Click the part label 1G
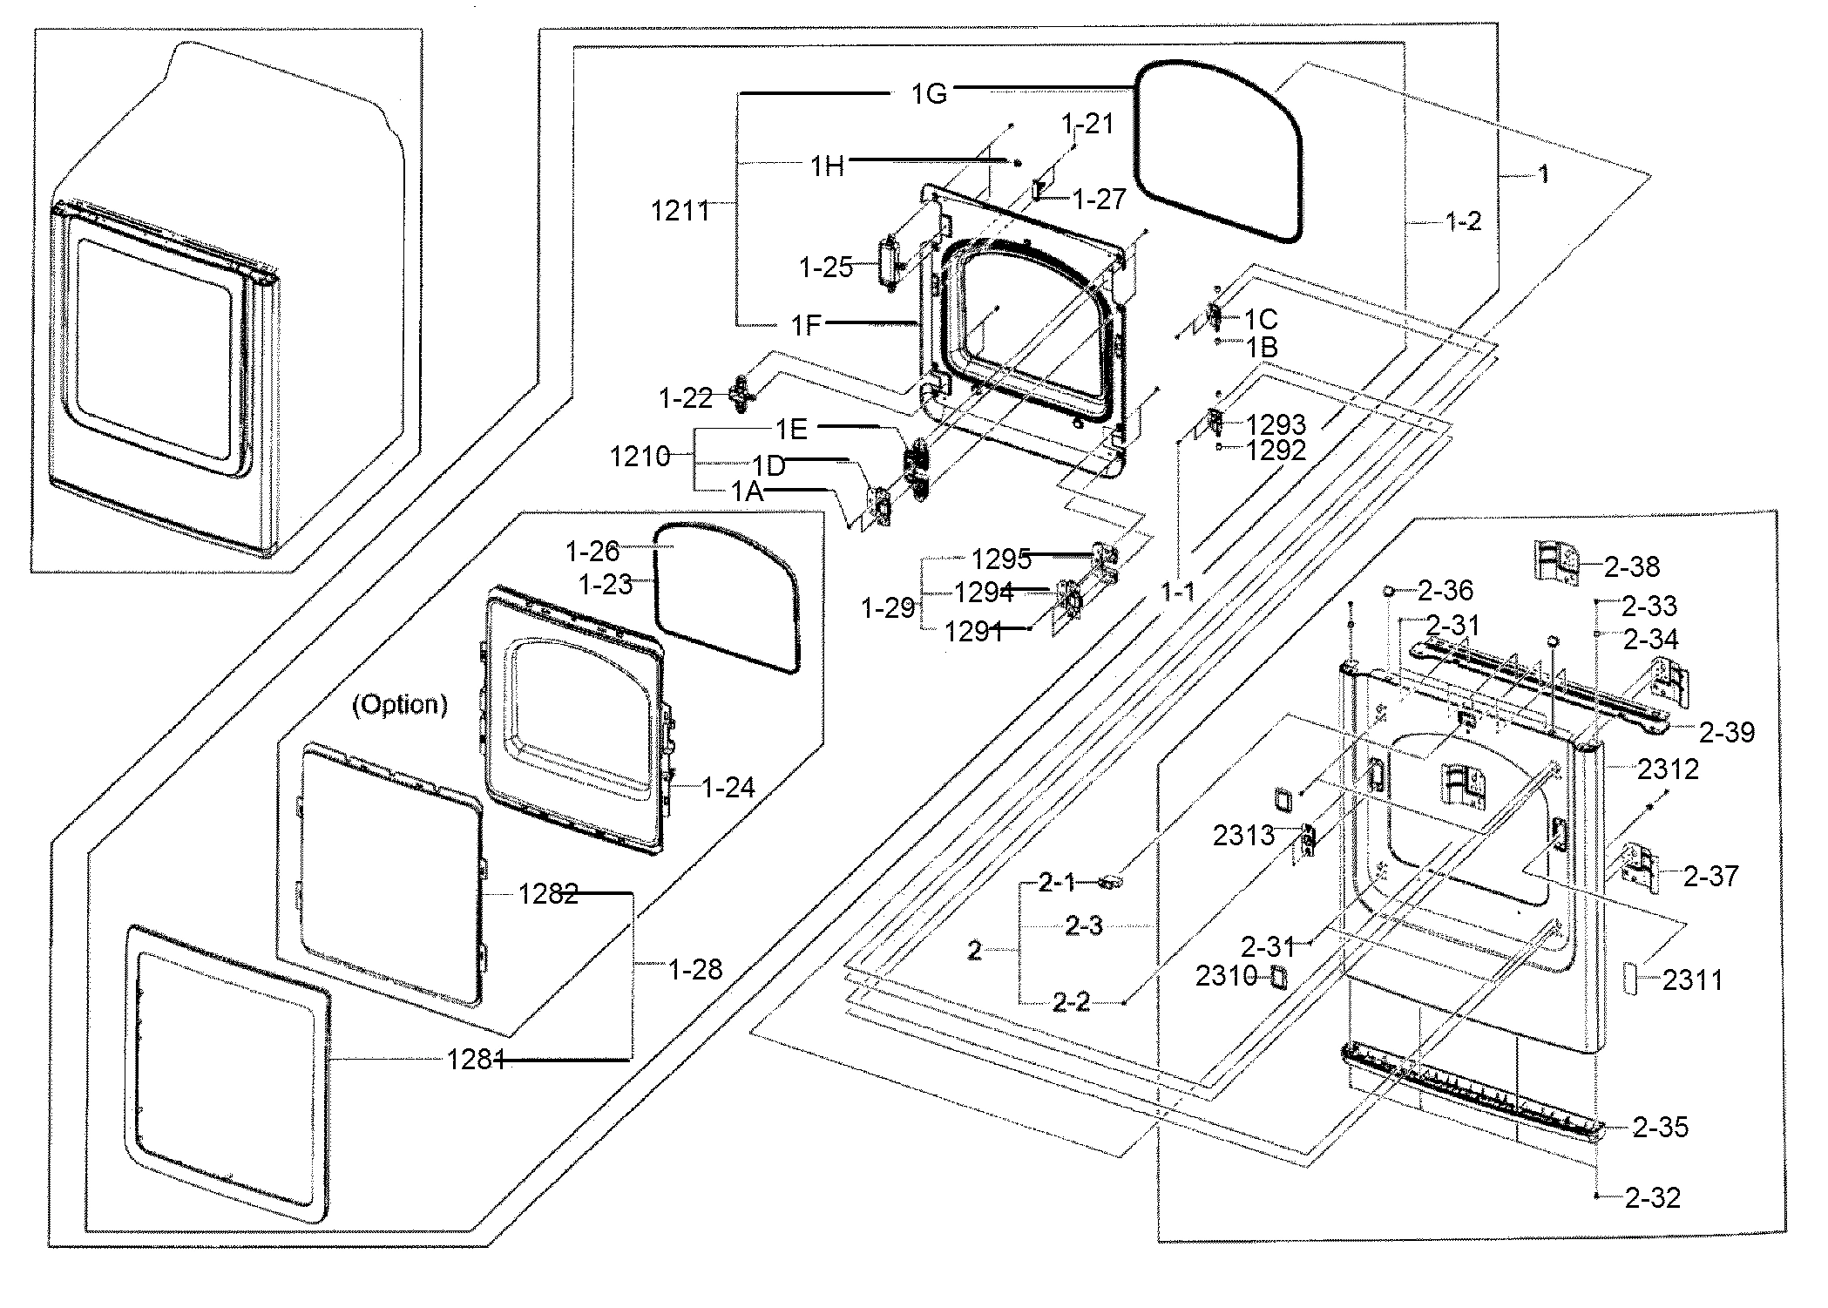click(929, 94)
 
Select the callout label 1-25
click(826, 268)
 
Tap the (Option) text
click(400, 704)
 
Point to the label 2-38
click(1631, 566)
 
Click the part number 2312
click(1668, 769)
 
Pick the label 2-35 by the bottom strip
click(1660, 1128)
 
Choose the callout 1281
click(476, 1060)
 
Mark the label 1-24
click(728, 788)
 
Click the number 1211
click(680, 210)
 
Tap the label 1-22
click(686, 399)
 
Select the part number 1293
click(1276, 425)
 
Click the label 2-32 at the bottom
click(1652, 1198)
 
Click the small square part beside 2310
click(1276, 977)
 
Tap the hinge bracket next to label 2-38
click(1557, 563)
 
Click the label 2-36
click(1445, 591)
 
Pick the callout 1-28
click(695, 969)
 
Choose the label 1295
click(1001, 559)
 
